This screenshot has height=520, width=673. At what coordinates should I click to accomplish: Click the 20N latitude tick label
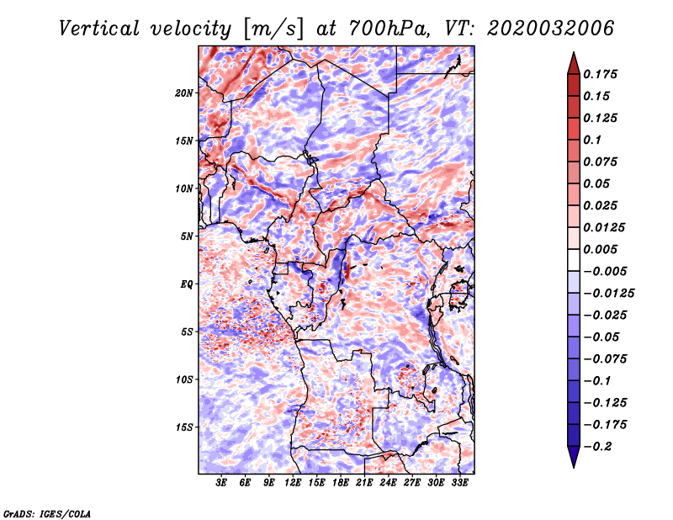click(x=184, y=93)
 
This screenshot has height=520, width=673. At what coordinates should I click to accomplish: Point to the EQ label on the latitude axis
click(x=186, y=284)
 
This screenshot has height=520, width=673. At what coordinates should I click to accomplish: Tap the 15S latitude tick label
click(x=184, y=427)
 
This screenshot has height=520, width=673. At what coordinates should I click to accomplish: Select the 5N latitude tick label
click(x=187, y=236)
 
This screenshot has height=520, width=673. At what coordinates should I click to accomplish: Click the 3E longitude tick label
click(x=221, y=483)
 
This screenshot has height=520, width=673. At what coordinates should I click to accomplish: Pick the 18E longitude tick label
click(x=341, y=483)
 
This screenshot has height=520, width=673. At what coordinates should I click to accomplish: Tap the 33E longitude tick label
click(x=459, y=483)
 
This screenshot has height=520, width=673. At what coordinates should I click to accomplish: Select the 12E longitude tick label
click(x=293, y=483)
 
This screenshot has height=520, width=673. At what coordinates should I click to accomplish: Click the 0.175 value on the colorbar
click(x=600, y=74)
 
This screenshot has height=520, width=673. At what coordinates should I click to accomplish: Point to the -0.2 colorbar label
click(x=597, y=447)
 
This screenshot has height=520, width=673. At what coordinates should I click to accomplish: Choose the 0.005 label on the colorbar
click(x=600, y=249)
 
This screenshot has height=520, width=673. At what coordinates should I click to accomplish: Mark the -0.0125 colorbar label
click(x=608, y=294)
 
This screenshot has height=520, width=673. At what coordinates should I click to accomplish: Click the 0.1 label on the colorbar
click(x=592, y=140)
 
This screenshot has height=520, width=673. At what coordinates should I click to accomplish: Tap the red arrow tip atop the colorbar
click(x=574, y=52)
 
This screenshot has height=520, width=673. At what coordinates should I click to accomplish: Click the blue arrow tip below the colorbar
click(x=574, y=467)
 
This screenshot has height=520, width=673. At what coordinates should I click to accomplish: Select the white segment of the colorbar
click(x=574, y=260)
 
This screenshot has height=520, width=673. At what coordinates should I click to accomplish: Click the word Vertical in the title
click(x=99, y=29)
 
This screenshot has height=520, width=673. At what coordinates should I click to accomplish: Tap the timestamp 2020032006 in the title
click(x=551, y=29)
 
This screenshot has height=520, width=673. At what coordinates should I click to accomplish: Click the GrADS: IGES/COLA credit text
click(x=47, y=513)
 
